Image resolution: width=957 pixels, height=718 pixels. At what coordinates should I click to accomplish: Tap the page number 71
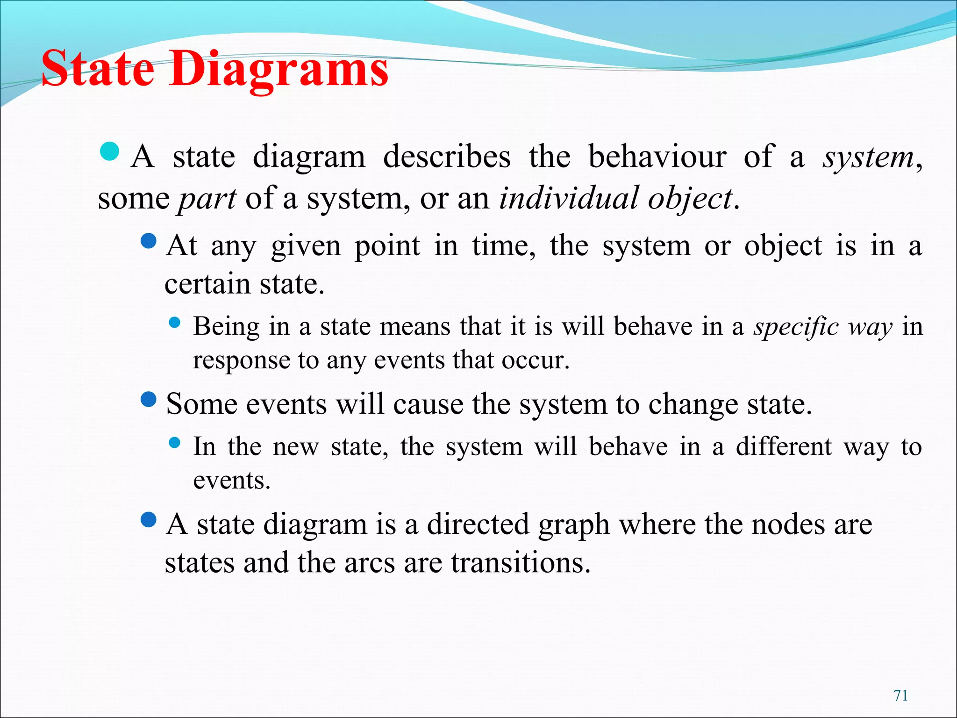(x=900, y=695)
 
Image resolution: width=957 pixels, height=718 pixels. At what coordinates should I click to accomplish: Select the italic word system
(x=867, y=157)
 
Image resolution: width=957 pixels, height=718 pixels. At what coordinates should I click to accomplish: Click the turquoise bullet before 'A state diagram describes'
(x=110, y=151)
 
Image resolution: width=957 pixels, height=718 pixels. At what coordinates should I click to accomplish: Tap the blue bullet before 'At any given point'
(x=149, y=242)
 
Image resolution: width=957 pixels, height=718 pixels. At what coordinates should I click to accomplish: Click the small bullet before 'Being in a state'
(x=174, y=322)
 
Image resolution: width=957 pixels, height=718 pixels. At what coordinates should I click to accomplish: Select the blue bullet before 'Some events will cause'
(x=149, y=400)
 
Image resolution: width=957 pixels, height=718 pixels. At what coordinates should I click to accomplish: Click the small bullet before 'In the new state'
(x=174, y=442)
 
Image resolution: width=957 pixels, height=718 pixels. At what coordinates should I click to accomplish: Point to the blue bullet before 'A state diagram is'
(x=149, y=520)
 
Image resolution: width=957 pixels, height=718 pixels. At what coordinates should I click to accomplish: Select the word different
(x=784, y=446)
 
